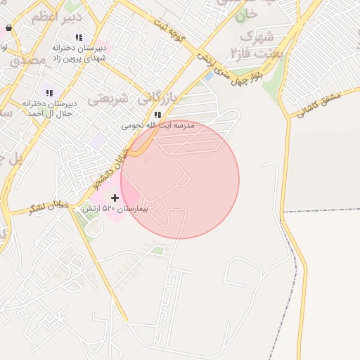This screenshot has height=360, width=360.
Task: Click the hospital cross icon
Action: (x=115, y=198)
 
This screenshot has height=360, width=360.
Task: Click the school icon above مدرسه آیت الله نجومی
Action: (x=157, y=115)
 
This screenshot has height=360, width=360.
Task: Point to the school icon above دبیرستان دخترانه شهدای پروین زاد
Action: (x=79, y=37)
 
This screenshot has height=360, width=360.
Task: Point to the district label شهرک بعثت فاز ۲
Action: (x=257, y=44)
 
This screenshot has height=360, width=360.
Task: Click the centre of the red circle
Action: (x=180, y=180)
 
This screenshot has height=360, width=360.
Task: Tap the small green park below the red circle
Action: (x=157, y=250)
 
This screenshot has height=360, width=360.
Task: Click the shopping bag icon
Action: (x=8, y=28)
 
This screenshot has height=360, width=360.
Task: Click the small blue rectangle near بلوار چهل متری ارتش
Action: (x=208, y=76)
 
